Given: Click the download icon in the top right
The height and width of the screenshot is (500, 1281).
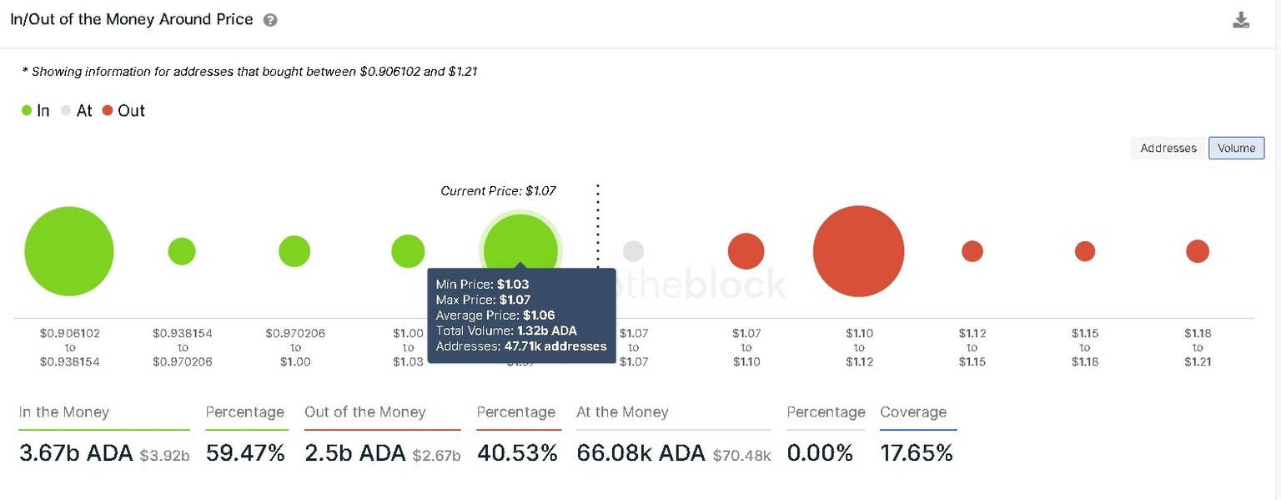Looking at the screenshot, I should (1240, 21).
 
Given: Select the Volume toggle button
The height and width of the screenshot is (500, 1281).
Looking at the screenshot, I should (1236, 148).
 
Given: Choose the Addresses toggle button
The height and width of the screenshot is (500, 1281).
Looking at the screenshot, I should (1168, 148).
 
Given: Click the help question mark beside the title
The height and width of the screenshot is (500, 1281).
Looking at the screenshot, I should (270, 20).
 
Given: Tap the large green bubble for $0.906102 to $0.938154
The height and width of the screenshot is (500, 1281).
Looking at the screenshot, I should (69, 251).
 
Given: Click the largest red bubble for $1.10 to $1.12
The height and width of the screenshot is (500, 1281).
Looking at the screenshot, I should (858, 251).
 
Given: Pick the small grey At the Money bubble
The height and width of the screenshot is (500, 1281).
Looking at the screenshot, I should (633, 251).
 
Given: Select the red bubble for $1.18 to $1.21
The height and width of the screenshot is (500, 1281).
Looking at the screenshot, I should (1197, 251).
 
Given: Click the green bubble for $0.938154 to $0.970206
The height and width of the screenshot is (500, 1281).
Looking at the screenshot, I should (182, 251).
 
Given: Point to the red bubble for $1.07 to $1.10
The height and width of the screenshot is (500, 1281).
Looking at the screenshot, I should (746, 251).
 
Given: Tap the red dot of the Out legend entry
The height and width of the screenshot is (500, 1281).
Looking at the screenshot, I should (108, 111).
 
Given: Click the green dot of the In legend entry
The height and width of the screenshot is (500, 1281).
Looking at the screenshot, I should (27, 111).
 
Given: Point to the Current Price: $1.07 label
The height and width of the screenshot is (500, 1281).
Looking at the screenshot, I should (498, 191).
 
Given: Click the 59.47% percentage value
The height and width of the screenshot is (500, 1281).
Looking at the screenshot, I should (245, 453).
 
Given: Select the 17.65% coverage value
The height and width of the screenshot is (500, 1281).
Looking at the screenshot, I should (916, 453).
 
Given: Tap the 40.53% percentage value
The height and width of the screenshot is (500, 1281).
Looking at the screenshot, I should (517, 453).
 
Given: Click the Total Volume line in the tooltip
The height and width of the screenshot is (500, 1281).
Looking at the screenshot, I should (506, 331).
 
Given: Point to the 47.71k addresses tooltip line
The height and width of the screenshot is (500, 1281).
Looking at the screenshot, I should (520, 346).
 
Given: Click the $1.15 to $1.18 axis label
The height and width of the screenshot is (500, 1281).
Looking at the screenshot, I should (1084, 347).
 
